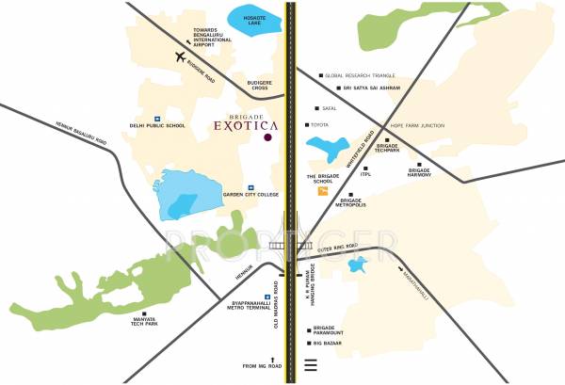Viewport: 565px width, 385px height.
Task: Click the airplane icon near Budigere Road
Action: (x=181, y=57)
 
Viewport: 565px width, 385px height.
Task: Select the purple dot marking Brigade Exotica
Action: (x=268, y=137)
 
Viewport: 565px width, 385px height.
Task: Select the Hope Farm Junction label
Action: (x=415, y=125)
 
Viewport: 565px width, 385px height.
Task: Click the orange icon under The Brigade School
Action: (x=324, y=191)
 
